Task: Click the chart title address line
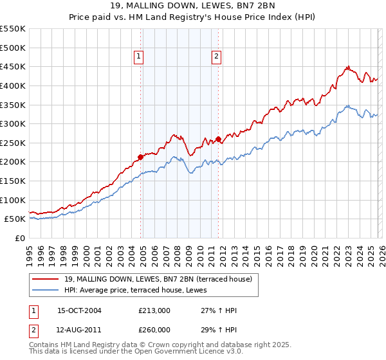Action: (193, 6)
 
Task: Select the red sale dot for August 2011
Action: (219, 139)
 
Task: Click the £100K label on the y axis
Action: (14, 200)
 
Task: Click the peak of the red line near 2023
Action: (347, 66)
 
